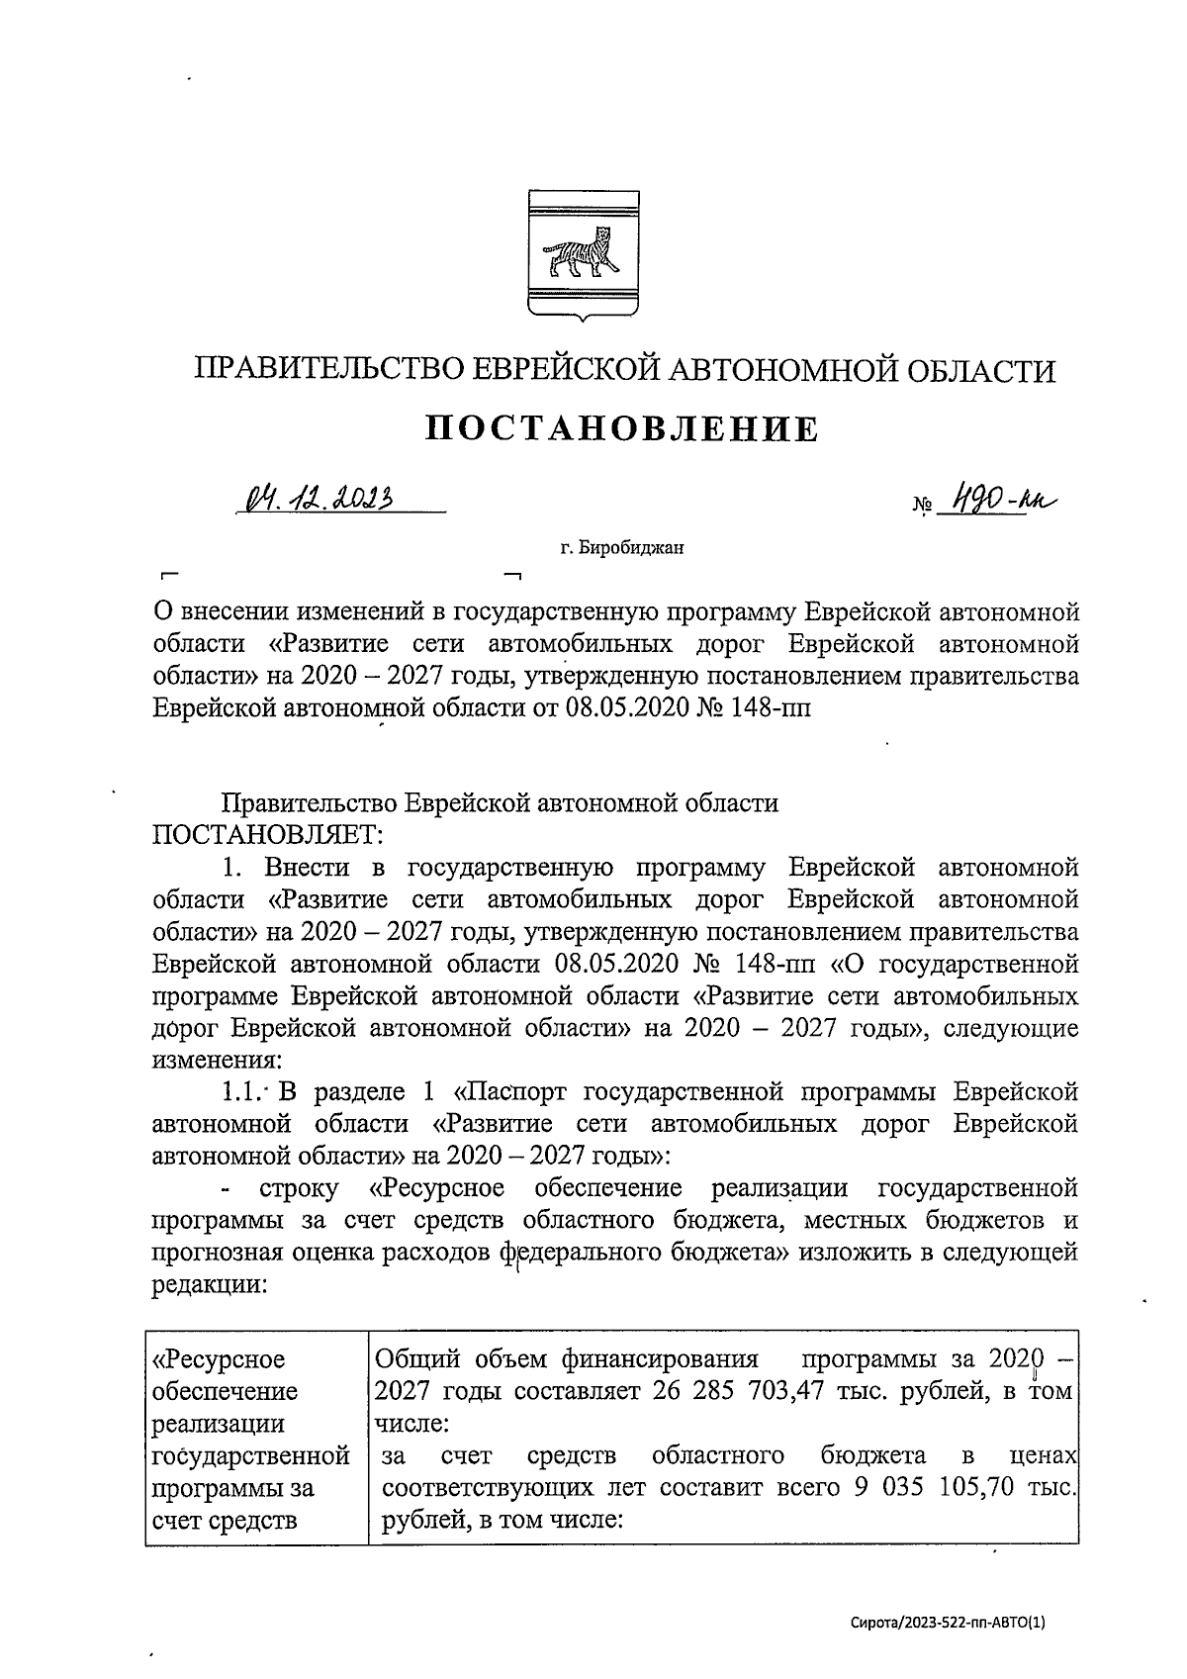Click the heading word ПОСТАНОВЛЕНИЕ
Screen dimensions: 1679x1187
click(622, 428)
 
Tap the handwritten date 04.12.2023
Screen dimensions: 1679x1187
click(317, 499)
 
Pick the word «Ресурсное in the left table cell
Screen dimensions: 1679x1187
click(218, 1358)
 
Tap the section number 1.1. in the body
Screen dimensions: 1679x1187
click(242, 1092)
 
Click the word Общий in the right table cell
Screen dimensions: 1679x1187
click(415, 1358)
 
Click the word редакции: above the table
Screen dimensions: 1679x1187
click(209, 1283)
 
